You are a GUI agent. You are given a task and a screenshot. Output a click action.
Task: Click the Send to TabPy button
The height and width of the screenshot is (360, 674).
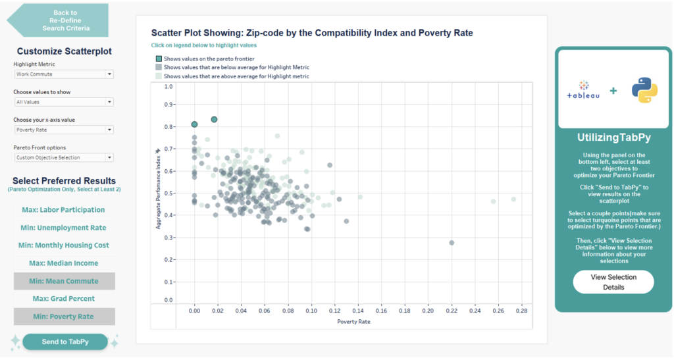tap(65, 341)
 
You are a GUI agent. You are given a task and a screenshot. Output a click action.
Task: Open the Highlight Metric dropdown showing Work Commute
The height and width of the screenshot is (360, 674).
tap(64, 74)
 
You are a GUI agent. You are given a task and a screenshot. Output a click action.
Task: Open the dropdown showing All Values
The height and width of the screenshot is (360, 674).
tap(64, 102)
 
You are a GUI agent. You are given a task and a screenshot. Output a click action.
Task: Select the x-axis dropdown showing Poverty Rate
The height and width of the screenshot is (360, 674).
tap(64, 130)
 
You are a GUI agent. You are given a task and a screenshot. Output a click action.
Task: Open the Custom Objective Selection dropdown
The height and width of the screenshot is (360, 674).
tap(64, 157)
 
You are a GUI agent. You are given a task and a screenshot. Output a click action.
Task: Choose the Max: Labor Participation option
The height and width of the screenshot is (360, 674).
tap(64, 210)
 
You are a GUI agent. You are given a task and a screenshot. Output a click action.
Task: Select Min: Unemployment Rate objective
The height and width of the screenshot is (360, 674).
tap(64, 228)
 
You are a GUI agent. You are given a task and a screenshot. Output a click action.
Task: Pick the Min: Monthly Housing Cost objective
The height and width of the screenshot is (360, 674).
tap(64, 245)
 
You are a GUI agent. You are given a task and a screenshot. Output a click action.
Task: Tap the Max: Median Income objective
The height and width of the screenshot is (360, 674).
tap(64, 263)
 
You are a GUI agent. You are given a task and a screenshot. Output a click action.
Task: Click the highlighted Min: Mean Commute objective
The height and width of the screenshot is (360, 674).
tap(64, 281)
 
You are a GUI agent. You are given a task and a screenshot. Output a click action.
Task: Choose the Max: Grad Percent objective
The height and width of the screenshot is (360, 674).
tap(64, 299)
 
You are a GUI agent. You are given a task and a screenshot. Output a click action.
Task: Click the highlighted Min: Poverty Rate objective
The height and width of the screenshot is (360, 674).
tap(64, 317)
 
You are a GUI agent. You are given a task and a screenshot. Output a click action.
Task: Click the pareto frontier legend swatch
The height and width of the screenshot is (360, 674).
tap(158, 59)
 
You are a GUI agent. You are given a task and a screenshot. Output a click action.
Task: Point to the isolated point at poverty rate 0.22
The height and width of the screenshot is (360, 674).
tap(452, 243)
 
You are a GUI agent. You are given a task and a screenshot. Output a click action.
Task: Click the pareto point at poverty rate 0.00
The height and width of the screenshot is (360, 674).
tap(195, 124)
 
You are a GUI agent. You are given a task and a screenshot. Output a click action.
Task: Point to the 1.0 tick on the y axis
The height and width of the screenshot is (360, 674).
tap(168, 86)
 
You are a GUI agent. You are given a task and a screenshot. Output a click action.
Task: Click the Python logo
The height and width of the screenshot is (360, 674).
tap(644, 90)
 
